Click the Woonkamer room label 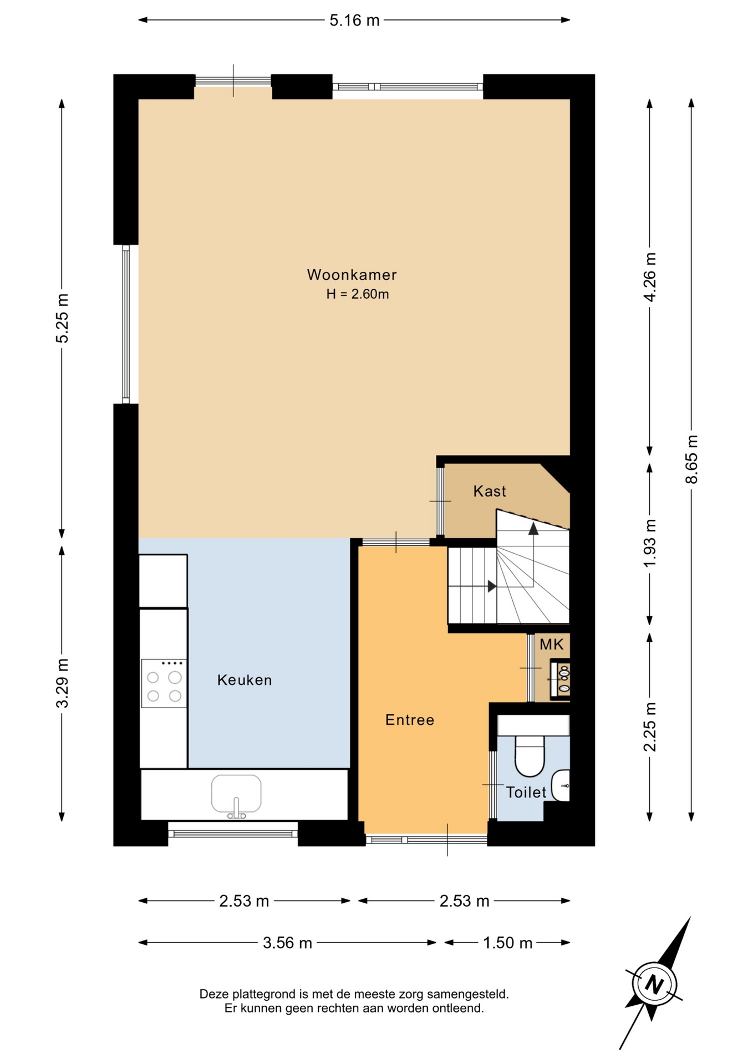352,274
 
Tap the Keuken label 245,680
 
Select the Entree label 410,720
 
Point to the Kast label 490,491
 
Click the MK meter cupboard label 551,644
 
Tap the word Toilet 526,792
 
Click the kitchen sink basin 236,794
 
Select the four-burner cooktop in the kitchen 164,683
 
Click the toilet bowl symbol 530,756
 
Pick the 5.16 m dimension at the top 354,21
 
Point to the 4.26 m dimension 650,277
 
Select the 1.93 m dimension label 650,543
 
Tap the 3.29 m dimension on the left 62,683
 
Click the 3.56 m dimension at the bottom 287,943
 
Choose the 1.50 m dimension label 507,943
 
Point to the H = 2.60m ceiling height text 358,294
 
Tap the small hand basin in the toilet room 562,785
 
